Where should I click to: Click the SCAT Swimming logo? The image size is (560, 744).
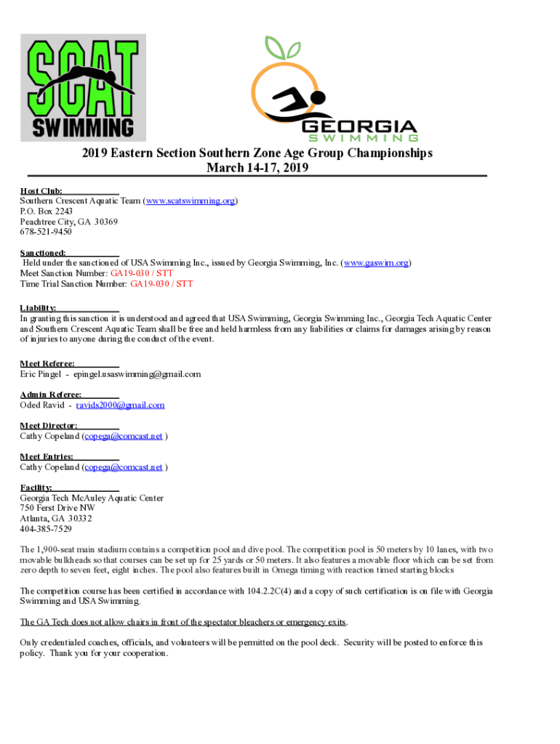pyautogui.click(x=82, y=87)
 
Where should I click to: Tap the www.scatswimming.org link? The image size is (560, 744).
pyautogui.click(x=191, y=201)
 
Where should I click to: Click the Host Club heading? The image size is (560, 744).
pyautogui.click(x=41, y=190)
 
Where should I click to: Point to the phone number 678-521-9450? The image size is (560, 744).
pyautogui.click(x=46, y=232)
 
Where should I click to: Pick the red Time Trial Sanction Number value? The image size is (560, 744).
pyautogui.click(x=161, y=285)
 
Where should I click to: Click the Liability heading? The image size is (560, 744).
pyautogui.click(x=38, y=308)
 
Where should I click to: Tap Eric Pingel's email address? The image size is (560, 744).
pyautogui.click(x=137, y=374)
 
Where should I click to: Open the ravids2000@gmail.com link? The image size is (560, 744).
pyautogui.click(x=120, y=405)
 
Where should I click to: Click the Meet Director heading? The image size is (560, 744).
pyautogui.click(x=49, y=426)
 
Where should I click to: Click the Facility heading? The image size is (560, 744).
pyautogui.click(x=36, y=488)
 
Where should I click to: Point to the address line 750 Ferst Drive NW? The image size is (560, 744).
pyautogui.click(x=57, y=509)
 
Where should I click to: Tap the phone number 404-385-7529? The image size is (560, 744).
pyautogui.click(x=46, y=529)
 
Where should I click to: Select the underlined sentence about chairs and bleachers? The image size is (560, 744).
pyautogui.click(x=183, y=622)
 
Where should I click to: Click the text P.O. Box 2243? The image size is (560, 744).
pyautogui.click(x=47, y=211)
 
